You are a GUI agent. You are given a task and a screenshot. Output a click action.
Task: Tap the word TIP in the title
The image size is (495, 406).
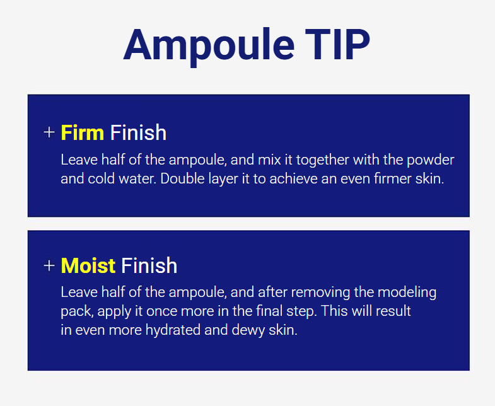coord(337,44)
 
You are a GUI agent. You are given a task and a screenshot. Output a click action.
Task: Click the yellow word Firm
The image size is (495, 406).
coord(82,132)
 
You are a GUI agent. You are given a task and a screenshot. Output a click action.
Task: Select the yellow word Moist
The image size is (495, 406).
coord(88,265)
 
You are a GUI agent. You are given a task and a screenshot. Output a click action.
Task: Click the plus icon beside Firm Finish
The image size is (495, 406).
coord(49,132)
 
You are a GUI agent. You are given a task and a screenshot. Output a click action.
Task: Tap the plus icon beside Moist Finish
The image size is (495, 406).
coord(49,265)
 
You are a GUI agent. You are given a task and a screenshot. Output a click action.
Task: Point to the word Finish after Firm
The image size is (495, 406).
coord(138,132)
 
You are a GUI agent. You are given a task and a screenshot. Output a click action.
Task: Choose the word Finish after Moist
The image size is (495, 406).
coord(149,265)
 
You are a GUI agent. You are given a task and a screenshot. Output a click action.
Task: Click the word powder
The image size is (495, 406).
coord(430,160)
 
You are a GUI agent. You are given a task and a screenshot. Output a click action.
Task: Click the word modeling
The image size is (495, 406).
coord(407,293)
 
